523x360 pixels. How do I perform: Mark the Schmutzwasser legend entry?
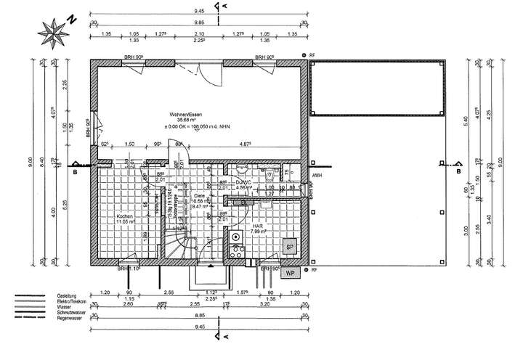coord(73,312)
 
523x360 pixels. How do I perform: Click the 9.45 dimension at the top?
coord(198,12)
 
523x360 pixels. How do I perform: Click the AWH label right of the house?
coord(316,176)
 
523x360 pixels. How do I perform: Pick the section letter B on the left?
coord(74,173)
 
